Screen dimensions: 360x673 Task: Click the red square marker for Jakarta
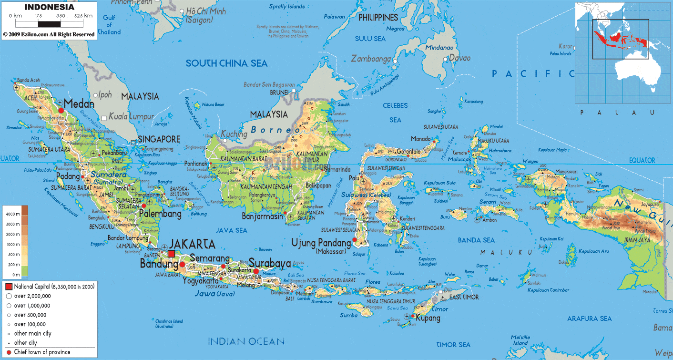pyautogui.click(x=171, y=254)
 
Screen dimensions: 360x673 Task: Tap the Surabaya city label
pyautogui.click(x=270, y=263)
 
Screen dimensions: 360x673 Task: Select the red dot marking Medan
pyautogui.click(x=61, y=111)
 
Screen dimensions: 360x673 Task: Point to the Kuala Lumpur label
pyautogui.click(x=132, y=116)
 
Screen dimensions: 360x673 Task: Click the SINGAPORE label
pyautogui.click(x=159, y=139)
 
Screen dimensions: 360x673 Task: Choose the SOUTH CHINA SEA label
pyautogui.click(x=226, y=63)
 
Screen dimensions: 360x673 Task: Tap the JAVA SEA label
pyautogui.click(x=232, y=230)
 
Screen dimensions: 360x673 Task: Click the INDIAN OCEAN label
pyautogui.click(x=246, y=341)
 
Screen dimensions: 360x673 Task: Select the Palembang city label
pyautogui.click(x=161, y=214)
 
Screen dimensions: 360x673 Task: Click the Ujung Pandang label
pyautogui.click(x=321, y=243)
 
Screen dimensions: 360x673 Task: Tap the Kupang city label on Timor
pyautogui.click(x=428, y=318)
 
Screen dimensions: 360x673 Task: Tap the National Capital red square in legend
pyautogui.click(x=9, y=287)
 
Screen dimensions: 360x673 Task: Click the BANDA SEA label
pyautogui.click(x=476, y=240)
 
